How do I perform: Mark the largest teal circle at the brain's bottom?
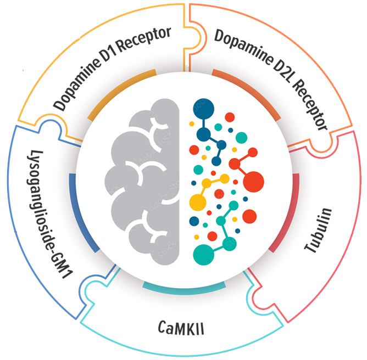[x=205, y=253]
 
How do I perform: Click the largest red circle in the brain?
[x=253, y=181]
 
